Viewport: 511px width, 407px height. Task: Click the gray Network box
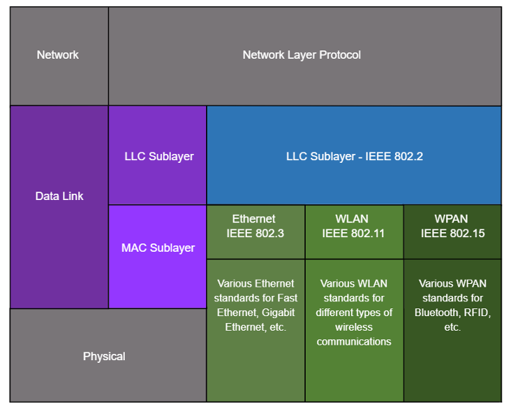pos(59,56)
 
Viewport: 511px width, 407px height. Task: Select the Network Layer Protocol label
pos(302,55)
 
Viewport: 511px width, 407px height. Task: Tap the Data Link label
pos(59,196)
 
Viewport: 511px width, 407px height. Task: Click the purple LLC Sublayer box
pos(157,155)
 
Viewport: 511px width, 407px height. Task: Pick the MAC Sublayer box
pos(157,257)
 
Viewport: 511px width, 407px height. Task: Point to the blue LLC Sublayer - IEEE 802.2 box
pos(354,155)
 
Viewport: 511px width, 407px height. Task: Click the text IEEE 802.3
pos(256,234)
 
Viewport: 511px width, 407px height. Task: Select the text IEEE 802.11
pos(353,234)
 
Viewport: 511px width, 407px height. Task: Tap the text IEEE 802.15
pos(452,234)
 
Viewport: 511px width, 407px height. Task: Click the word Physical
pos(104,357)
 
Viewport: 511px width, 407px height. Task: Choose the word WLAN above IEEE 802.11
pos(352,219)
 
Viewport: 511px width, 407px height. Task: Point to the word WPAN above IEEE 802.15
pos(451,219)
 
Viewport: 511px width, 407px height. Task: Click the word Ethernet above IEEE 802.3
pos(254,219)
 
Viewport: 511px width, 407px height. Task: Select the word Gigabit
pos(278,313)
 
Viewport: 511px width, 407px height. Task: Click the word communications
pos(354,342)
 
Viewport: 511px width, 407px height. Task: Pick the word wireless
pos(354,327)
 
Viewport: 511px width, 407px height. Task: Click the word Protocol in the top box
pos(340,55)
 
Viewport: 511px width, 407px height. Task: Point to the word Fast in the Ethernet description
pos(287,298)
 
